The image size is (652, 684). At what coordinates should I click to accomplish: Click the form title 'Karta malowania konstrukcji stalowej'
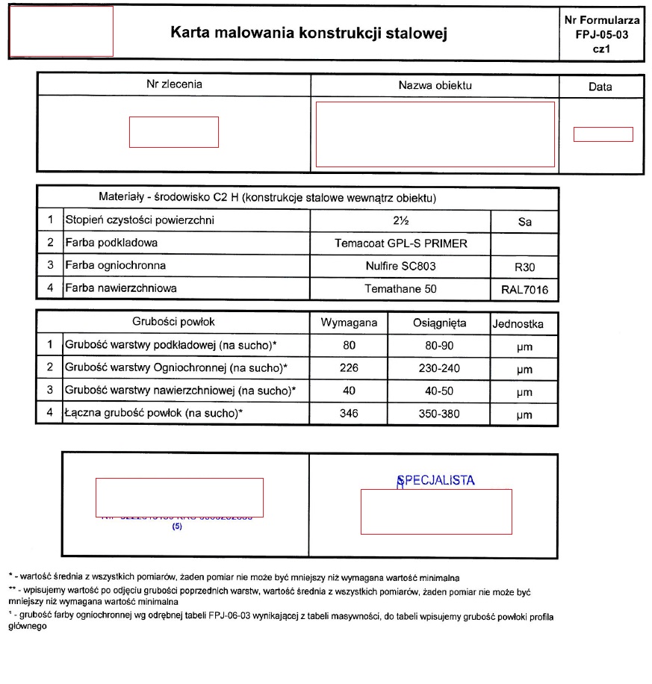point(308,33)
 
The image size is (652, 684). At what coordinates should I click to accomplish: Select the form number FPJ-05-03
point(601,34)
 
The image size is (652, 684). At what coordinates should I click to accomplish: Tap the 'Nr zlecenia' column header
point(173,84)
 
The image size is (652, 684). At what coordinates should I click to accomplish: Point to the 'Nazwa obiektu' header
point(435,85)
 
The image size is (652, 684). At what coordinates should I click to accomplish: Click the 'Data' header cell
point(600,87)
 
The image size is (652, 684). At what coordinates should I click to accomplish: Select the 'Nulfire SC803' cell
point(400,265)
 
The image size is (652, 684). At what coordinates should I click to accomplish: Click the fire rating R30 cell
point(524,267)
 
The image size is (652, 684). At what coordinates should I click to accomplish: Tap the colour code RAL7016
point(524,290)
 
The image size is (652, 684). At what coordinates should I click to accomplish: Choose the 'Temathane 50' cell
point(400,288)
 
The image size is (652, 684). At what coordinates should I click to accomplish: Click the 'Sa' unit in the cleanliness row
point(524,222)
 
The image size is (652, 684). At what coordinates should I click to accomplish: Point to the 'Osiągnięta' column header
point(439,323)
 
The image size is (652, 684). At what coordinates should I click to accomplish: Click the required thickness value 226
point(349,368)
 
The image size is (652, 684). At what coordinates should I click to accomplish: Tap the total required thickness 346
point(349,414)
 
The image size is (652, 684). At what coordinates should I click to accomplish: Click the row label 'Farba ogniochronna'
point(115,265)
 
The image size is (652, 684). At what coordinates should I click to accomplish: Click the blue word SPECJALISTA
point(437,480)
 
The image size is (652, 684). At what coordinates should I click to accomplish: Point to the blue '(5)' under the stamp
point(178,526)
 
